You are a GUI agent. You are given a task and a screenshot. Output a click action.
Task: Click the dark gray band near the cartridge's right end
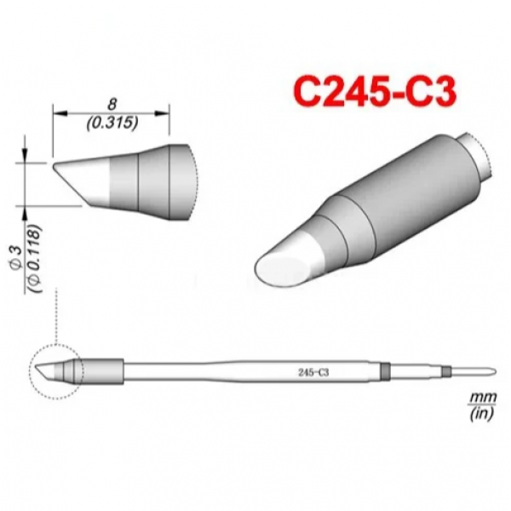pyautogui.click(x=384, y=372)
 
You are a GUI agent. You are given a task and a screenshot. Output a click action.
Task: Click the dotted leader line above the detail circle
pyautogui.click(x=55, y=315)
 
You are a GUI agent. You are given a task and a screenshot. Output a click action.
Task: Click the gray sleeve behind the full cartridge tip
pyautogui.click(x=102, y=372)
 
